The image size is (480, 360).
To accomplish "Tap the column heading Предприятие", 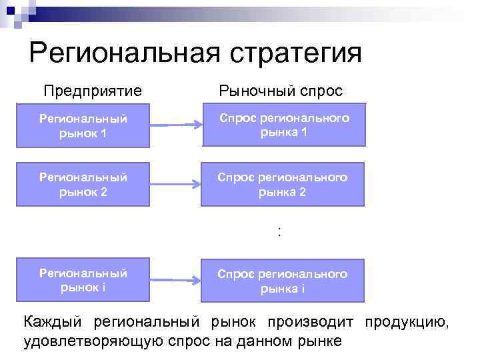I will pos(93,91).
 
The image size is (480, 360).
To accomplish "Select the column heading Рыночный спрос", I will pos(281,91).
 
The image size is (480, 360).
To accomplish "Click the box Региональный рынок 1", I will pos(83,125).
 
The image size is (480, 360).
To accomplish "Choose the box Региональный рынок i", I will pos(83,280).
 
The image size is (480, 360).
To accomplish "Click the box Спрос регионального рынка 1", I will pos(283,125).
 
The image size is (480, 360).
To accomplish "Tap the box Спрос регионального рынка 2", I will pos(283,185).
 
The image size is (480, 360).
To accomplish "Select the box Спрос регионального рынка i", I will pos(283,281).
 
